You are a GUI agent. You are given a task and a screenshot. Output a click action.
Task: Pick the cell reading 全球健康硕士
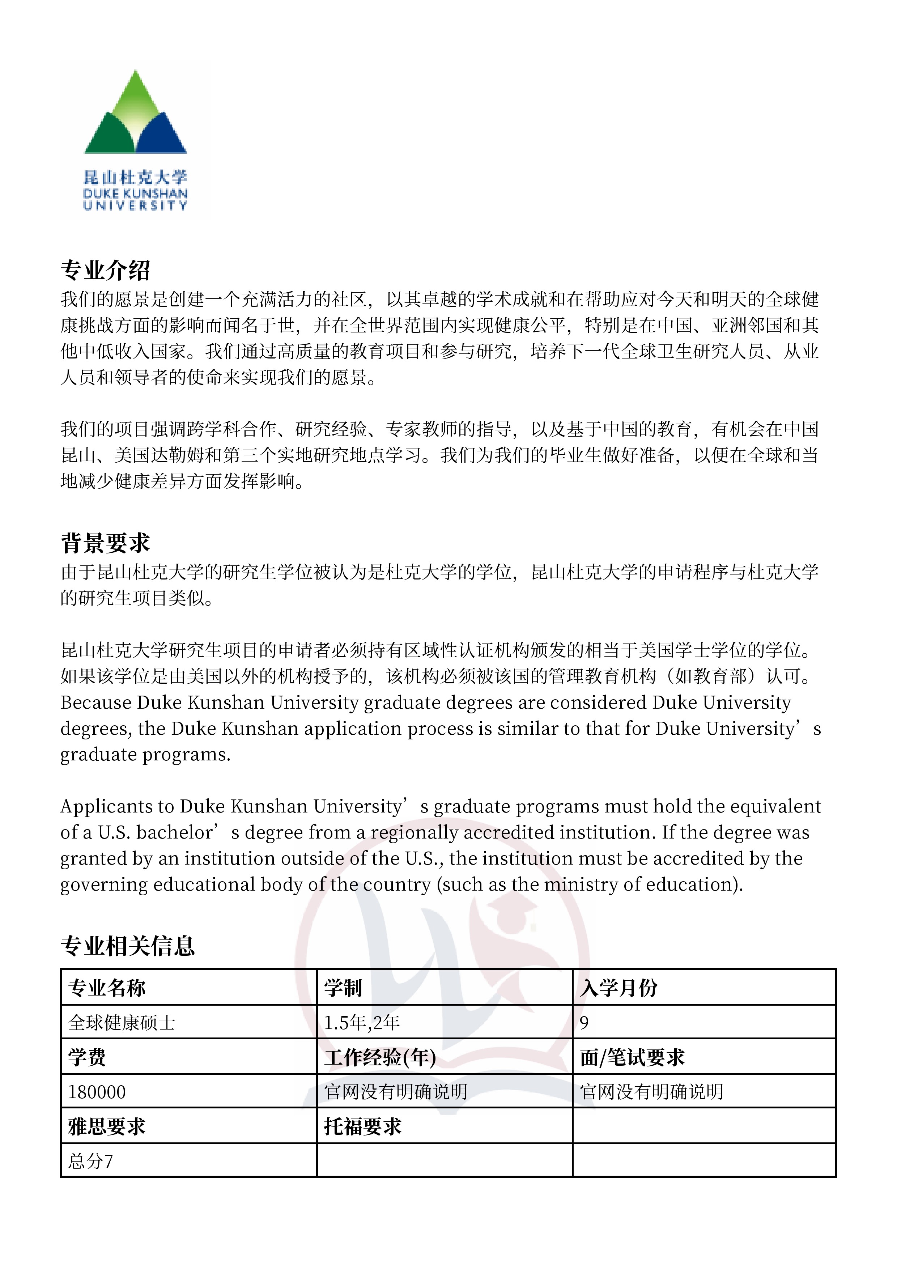coord(122,1023)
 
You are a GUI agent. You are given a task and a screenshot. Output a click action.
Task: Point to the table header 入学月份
coord(618,988)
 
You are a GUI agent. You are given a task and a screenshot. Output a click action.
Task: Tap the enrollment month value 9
coord(584,1023)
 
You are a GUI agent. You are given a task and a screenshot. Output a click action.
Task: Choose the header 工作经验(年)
coord(380,1057)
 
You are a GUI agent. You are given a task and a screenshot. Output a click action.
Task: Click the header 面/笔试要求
coord(632,1057)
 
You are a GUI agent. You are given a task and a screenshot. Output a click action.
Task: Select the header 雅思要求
coord(107,1126)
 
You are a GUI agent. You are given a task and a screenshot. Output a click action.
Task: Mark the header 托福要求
coord(362,1126)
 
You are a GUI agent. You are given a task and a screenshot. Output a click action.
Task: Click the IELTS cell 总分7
coord(91,1161)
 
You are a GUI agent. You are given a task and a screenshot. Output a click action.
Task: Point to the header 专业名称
coord(107,988)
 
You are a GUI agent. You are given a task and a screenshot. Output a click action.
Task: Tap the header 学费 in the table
coord(87,1057)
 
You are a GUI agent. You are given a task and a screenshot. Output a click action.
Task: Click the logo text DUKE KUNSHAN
coord(135,194)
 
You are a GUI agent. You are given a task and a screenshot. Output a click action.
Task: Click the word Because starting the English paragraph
coord(95,703)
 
